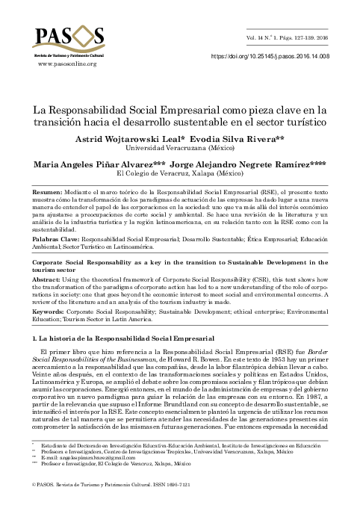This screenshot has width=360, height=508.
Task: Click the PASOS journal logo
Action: [x=67, y=38]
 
